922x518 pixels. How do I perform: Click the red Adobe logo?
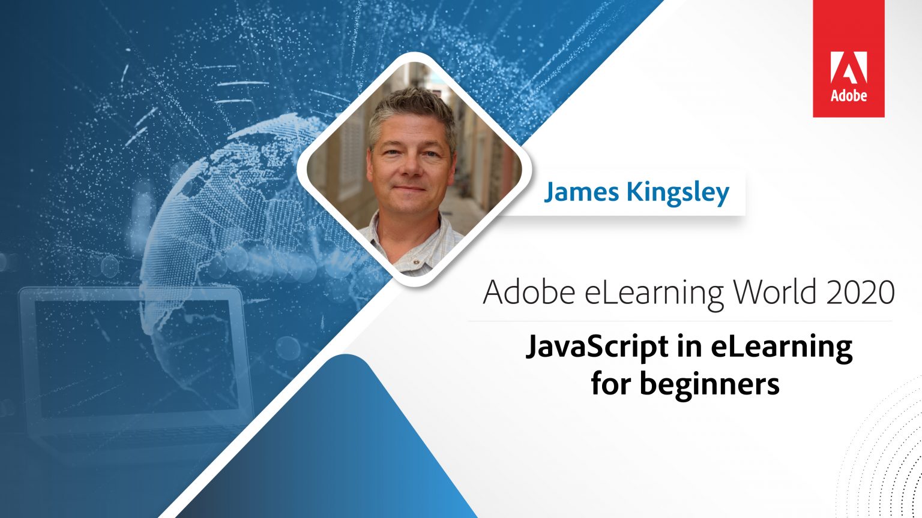click(x=848, y=59)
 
